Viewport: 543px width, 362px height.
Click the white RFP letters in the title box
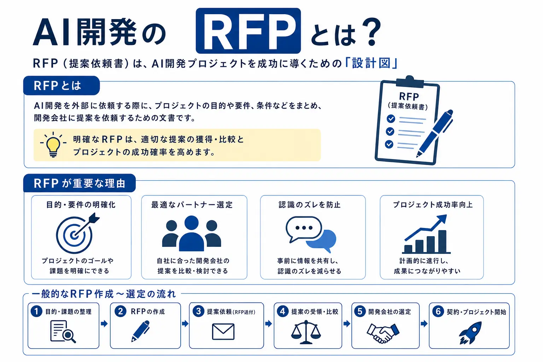[248, 31]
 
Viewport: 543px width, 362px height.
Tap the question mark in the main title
[370, 31]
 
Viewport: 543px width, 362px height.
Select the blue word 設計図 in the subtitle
[372, 63]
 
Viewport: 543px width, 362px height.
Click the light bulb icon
[53, 145]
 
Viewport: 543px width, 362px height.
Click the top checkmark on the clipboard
[391, 118]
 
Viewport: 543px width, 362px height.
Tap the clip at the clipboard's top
[410, 81]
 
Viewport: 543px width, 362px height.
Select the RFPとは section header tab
[62, 86]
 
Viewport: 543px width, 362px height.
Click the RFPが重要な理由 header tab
[80, 183]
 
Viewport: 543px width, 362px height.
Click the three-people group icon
[192, 233]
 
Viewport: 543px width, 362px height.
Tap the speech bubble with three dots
[304, 229]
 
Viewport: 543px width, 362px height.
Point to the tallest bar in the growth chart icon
[442, 241]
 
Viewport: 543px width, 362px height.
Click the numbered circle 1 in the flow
[37, 311]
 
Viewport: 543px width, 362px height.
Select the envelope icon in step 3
[223, 332]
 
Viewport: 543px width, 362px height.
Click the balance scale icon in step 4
[306, 332]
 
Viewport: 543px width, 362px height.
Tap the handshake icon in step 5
[383, 333]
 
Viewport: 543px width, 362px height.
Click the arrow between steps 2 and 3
[185, 323]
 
